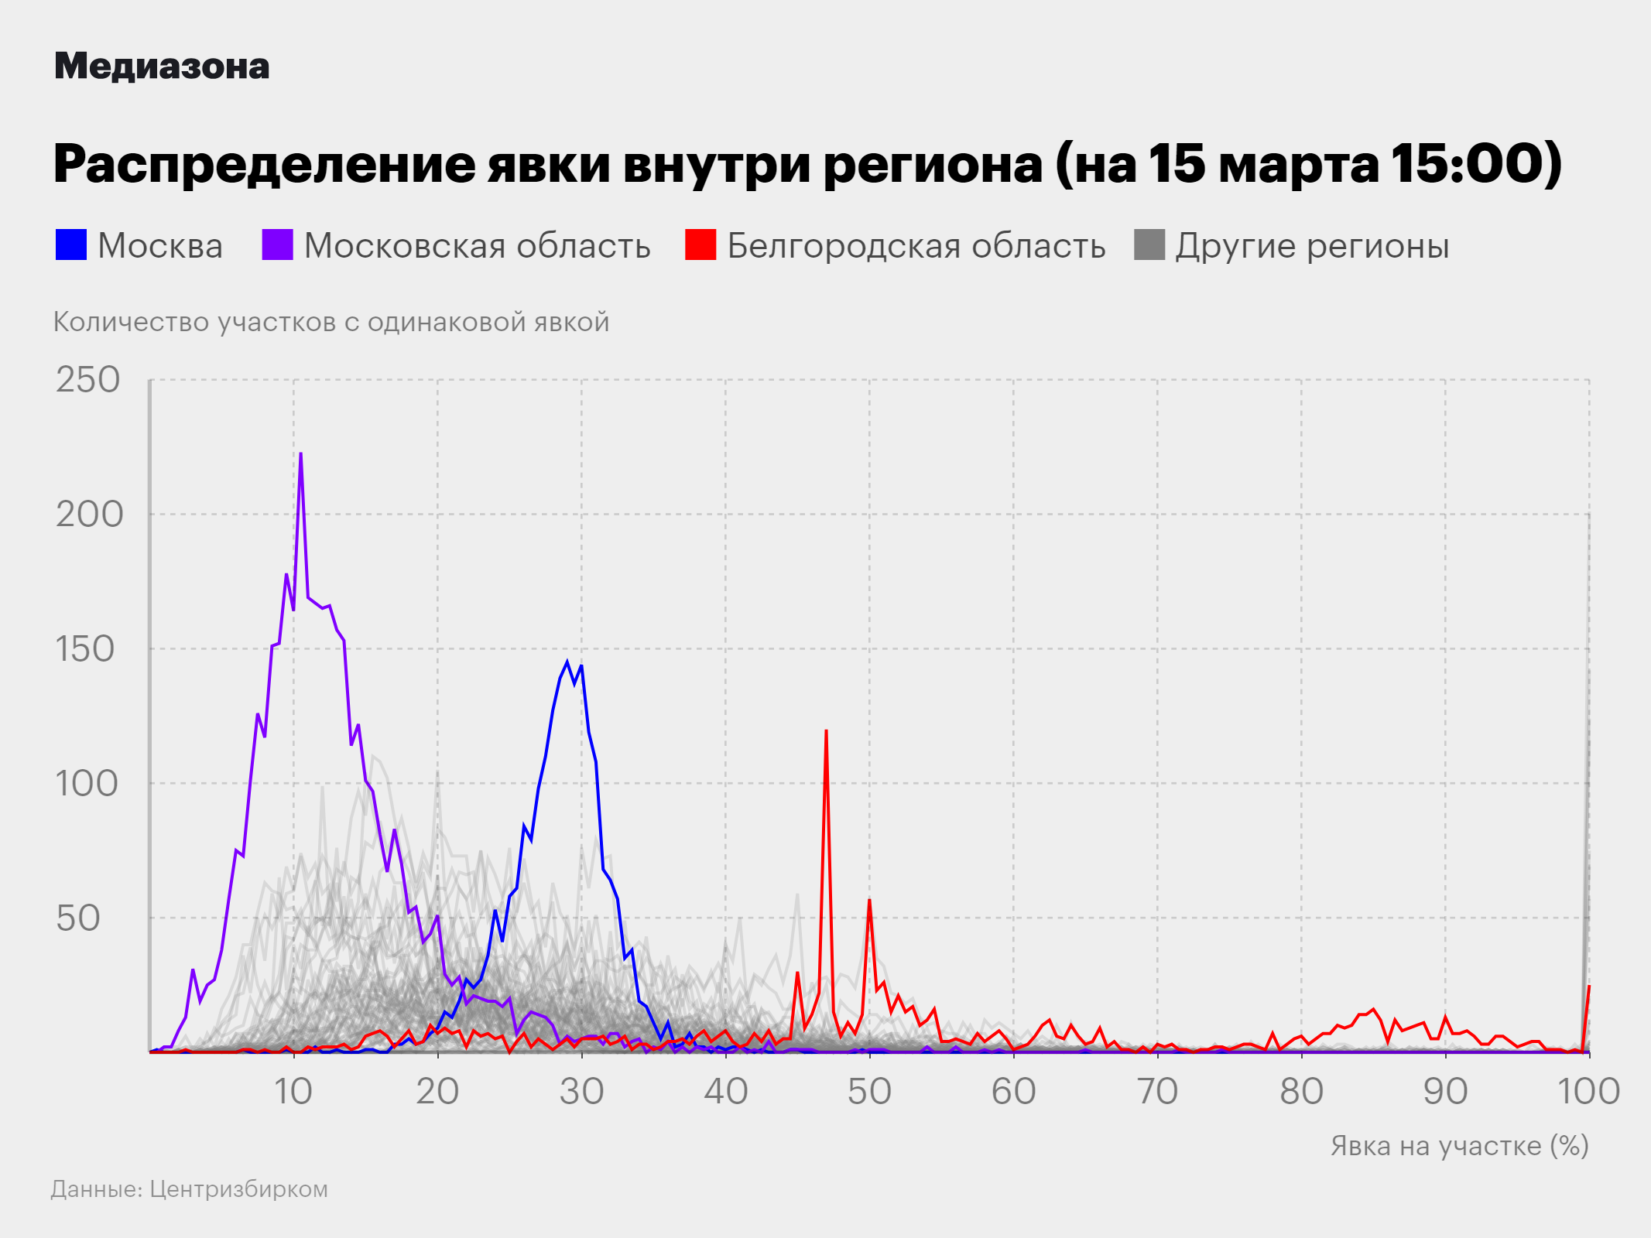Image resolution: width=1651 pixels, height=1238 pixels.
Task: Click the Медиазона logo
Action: click(162, 67)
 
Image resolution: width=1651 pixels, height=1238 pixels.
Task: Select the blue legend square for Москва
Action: click(71, 245)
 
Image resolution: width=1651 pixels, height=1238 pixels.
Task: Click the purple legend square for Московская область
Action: click(277, 245)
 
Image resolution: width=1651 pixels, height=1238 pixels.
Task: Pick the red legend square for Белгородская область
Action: click(700, 245)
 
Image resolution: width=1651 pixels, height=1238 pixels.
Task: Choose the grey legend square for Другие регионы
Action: click(1149, 245)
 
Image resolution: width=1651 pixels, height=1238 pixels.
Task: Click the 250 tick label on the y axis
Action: click(87, 380)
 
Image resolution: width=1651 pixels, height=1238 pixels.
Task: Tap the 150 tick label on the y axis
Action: click(86, 649)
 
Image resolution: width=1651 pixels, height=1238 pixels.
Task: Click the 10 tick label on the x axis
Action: click(293, 1092)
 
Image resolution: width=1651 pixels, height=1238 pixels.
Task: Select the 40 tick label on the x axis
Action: click(725, 1092)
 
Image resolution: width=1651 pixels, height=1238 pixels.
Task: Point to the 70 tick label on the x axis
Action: click(1157, 1092)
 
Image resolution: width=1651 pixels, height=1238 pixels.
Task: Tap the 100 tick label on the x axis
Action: click(1588, 1092)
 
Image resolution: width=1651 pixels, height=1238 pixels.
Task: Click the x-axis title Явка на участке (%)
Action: click(1459, 1146)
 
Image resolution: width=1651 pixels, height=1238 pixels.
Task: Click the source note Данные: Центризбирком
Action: click(190, 1189)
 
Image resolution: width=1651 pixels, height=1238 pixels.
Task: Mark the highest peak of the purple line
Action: click(300, 454)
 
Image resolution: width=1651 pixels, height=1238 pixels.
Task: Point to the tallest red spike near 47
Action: click(826, 731)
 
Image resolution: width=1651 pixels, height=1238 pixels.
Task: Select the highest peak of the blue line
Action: click(567, 662)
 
